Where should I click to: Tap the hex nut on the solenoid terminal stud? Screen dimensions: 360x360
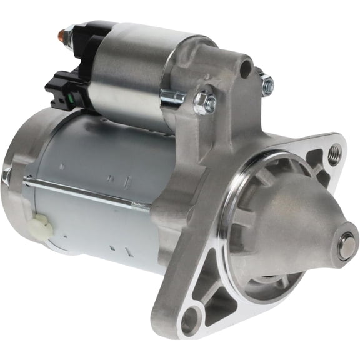click(x=70, y=32)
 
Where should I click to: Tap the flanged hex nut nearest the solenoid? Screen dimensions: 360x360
click(x=204, y=102)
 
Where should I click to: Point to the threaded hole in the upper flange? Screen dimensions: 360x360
click(x=336, y=150)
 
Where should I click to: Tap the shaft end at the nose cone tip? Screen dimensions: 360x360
click(x=346, y=246)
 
